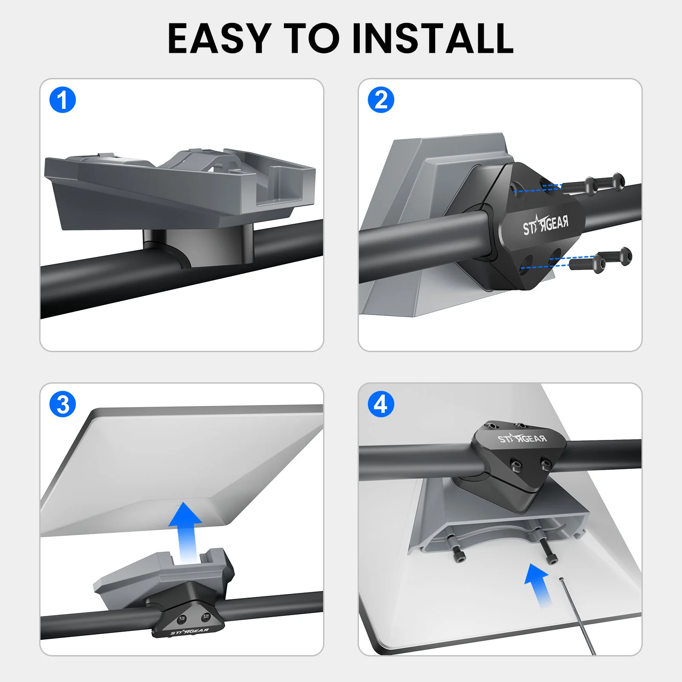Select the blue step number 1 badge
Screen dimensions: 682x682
(x=63, y=100)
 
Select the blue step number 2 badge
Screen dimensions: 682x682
(x=381, y=100)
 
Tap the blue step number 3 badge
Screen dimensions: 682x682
(x=63, y=404)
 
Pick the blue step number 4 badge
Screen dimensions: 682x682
(x=381, y=404)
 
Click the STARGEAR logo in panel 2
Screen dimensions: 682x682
(x=546, y=225)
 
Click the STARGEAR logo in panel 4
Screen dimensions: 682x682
(x=522, y=439)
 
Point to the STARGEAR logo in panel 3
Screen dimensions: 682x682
(x=190, y=631)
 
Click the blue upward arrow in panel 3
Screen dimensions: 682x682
(x=185, y=533)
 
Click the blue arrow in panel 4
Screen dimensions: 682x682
(x=539, y=585)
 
